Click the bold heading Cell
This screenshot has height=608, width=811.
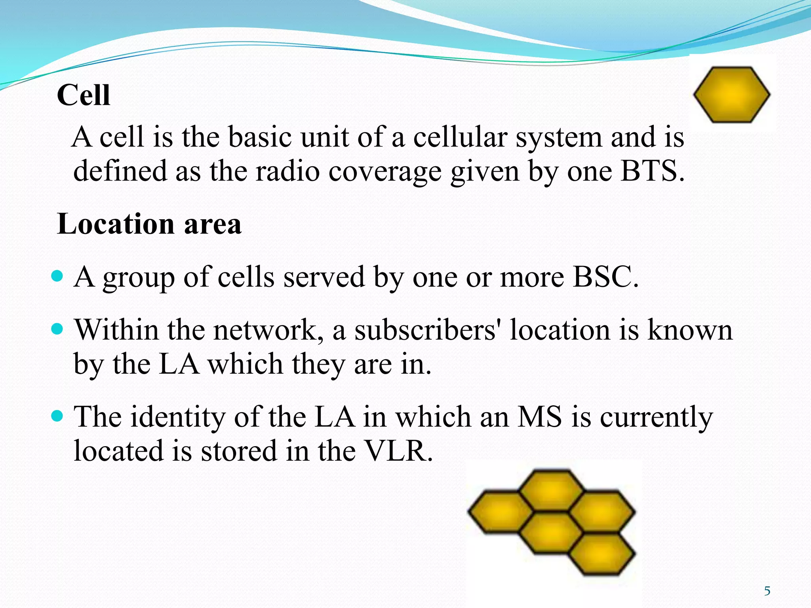84,96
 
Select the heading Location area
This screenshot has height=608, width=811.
149,224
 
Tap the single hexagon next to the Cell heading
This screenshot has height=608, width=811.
731,95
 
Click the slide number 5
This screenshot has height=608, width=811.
767,591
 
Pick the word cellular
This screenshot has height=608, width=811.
460,137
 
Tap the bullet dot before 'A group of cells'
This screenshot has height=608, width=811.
58,275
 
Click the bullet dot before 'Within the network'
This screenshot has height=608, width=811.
58,329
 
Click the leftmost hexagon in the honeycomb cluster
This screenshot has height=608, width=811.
501,511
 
